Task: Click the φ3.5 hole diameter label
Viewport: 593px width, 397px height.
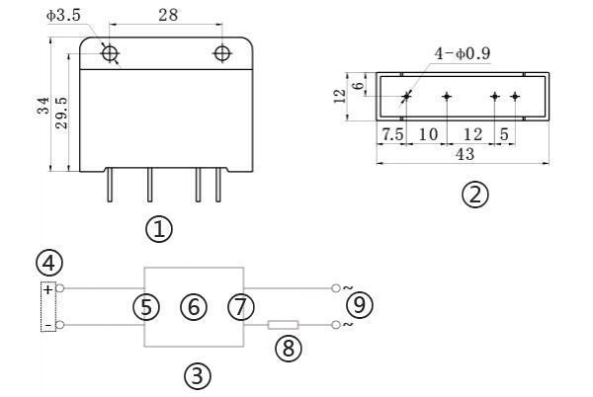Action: tap(63, 16)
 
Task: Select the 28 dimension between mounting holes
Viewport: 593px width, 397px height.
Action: tap(168, 15)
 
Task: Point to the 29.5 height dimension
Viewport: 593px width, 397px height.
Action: tap(61, 113)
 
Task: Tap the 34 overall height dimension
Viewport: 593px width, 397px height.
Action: tap(43, 106)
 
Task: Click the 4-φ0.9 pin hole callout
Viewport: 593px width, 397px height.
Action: tap(463, 53)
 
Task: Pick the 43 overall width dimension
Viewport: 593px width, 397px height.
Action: tap(465, 154)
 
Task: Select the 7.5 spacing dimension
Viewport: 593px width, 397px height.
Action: tap(392, 134)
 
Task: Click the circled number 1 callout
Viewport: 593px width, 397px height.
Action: tap(159, 229)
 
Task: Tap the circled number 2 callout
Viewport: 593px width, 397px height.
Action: tap(475, 195)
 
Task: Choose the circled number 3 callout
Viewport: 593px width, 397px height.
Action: tap(198, 376)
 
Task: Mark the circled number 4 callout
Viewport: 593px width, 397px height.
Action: tap(49, 263)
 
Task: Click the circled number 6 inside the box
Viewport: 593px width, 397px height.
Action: tap(194, 306)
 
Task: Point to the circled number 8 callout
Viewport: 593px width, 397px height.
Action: tap(289, 348)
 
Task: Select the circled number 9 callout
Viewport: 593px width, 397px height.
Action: tap(360, 304)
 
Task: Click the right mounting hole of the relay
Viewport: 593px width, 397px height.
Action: tap(222, 53)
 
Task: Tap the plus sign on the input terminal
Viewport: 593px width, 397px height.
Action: tap(48, 289)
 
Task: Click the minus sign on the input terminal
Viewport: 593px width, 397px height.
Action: tap(48, 325)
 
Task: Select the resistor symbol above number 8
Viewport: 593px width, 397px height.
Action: tap(284, 325)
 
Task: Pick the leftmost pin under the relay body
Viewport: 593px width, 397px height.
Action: tap(110, 185)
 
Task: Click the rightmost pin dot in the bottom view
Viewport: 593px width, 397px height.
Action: tap(514, 97)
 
